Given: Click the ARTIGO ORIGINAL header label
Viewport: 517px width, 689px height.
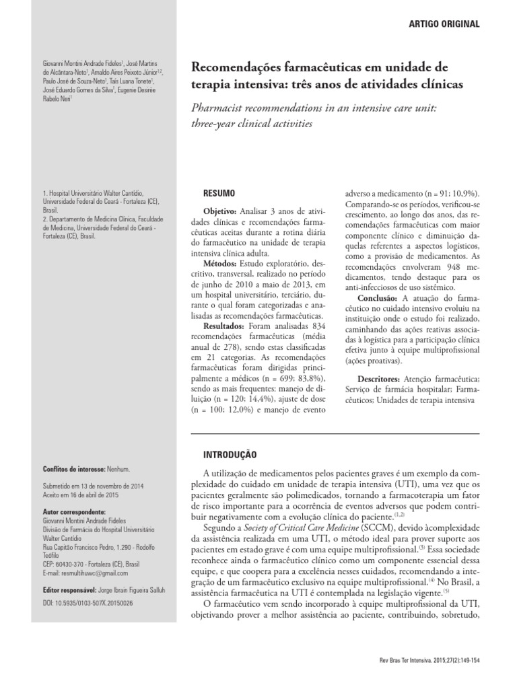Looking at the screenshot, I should point(444,24).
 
